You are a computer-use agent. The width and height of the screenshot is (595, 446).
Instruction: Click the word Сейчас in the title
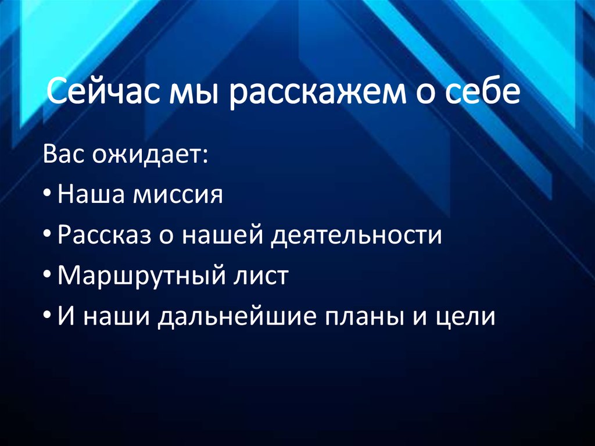point(102,92)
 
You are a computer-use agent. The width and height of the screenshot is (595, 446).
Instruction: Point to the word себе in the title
point(483,92)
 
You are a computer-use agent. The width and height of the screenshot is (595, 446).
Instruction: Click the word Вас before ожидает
point(64,155)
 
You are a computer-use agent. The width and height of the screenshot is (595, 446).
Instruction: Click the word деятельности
point(349,236)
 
